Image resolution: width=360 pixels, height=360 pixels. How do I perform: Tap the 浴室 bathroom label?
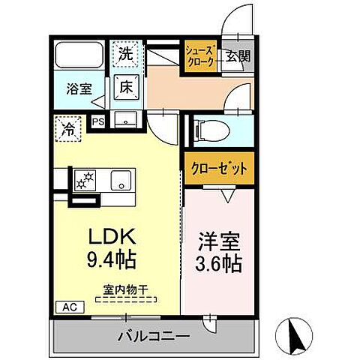click(x=81, y=88)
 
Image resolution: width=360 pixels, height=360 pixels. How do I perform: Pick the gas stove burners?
click(x=85, y=180)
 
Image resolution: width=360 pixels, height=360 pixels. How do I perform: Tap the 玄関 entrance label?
click(x=238, y=55)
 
